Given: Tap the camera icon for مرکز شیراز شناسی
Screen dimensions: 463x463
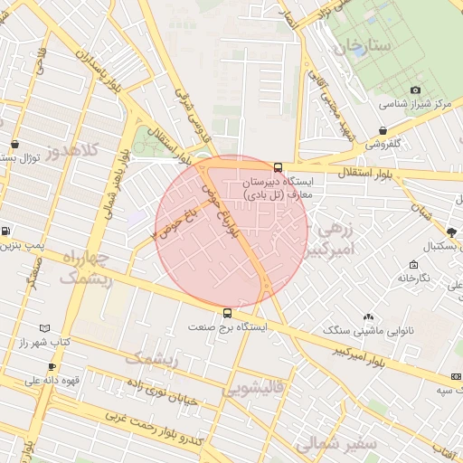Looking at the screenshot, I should point(416,90).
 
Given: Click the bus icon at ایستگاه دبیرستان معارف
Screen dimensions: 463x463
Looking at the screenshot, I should point(278,167).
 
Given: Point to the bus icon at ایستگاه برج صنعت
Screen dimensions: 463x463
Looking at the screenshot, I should point(226,313).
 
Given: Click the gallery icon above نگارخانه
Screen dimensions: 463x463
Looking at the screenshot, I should point(413,265).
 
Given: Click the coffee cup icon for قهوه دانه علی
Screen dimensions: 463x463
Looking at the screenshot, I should point(52,366).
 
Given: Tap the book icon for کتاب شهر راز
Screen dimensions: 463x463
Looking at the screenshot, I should point(45,328).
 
